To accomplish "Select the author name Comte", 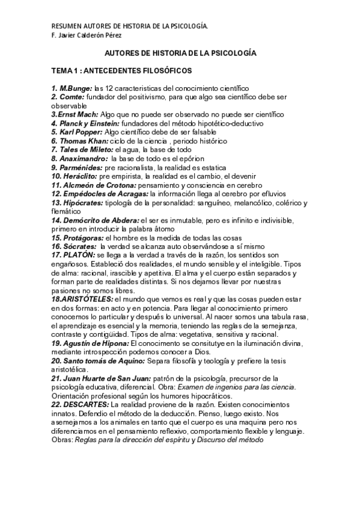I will (72, 97).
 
